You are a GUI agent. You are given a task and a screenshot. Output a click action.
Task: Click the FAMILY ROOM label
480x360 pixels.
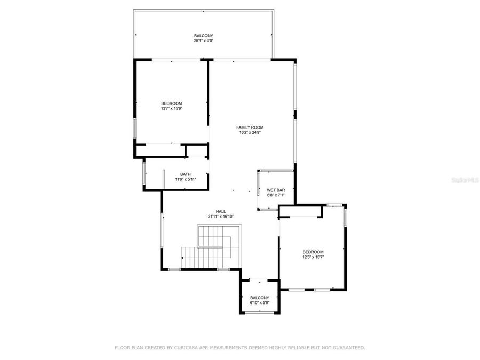point(250,127)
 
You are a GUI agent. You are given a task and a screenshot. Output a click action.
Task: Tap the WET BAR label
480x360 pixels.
point(276,190)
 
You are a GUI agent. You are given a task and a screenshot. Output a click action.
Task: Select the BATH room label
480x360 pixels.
point(186,174)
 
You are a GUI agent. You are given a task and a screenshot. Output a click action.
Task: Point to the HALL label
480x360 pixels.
point(221,211)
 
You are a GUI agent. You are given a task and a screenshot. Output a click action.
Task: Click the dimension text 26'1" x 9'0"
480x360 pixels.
point(203,41)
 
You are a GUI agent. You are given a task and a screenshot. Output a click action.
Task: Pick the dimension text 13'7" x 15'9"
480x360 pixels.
point(172,108)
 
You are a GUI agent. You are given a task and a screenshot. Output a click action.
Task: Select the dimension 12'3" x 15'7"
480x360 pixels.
point(313,257)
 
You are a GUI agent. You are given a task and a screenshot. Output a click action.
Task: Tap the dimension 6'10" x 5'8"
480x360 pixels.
point(260,303)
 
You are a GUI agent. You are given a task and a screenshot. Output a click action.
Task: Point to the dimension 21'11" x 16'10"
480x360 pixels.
point(221,217)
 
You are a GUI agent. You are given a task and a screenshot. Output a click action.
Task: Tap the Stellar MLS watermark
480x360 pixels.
point(465,181)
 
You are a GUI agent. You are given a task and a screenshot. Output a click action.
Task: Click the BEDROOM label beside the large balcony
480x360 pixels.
point(172,103)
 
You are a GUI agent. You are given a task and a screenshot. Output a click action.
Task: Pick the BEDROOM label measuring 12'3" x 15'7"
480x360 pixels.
point(313,252)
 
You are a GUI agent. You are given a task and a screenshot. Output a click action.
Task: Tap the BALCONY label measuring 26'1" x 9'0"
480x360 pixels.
point(203,35)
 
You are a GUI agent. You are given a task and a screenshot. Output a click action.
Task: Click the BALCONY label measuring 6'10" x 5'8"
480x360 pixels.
point(260,298)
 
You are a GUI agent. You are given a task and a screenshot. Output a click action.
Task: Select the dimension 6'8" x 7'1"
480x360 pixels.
point(276,195)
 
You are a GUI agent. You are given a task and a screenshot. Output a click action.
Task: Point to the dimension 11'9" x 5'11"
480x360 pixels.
point(186,179)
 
